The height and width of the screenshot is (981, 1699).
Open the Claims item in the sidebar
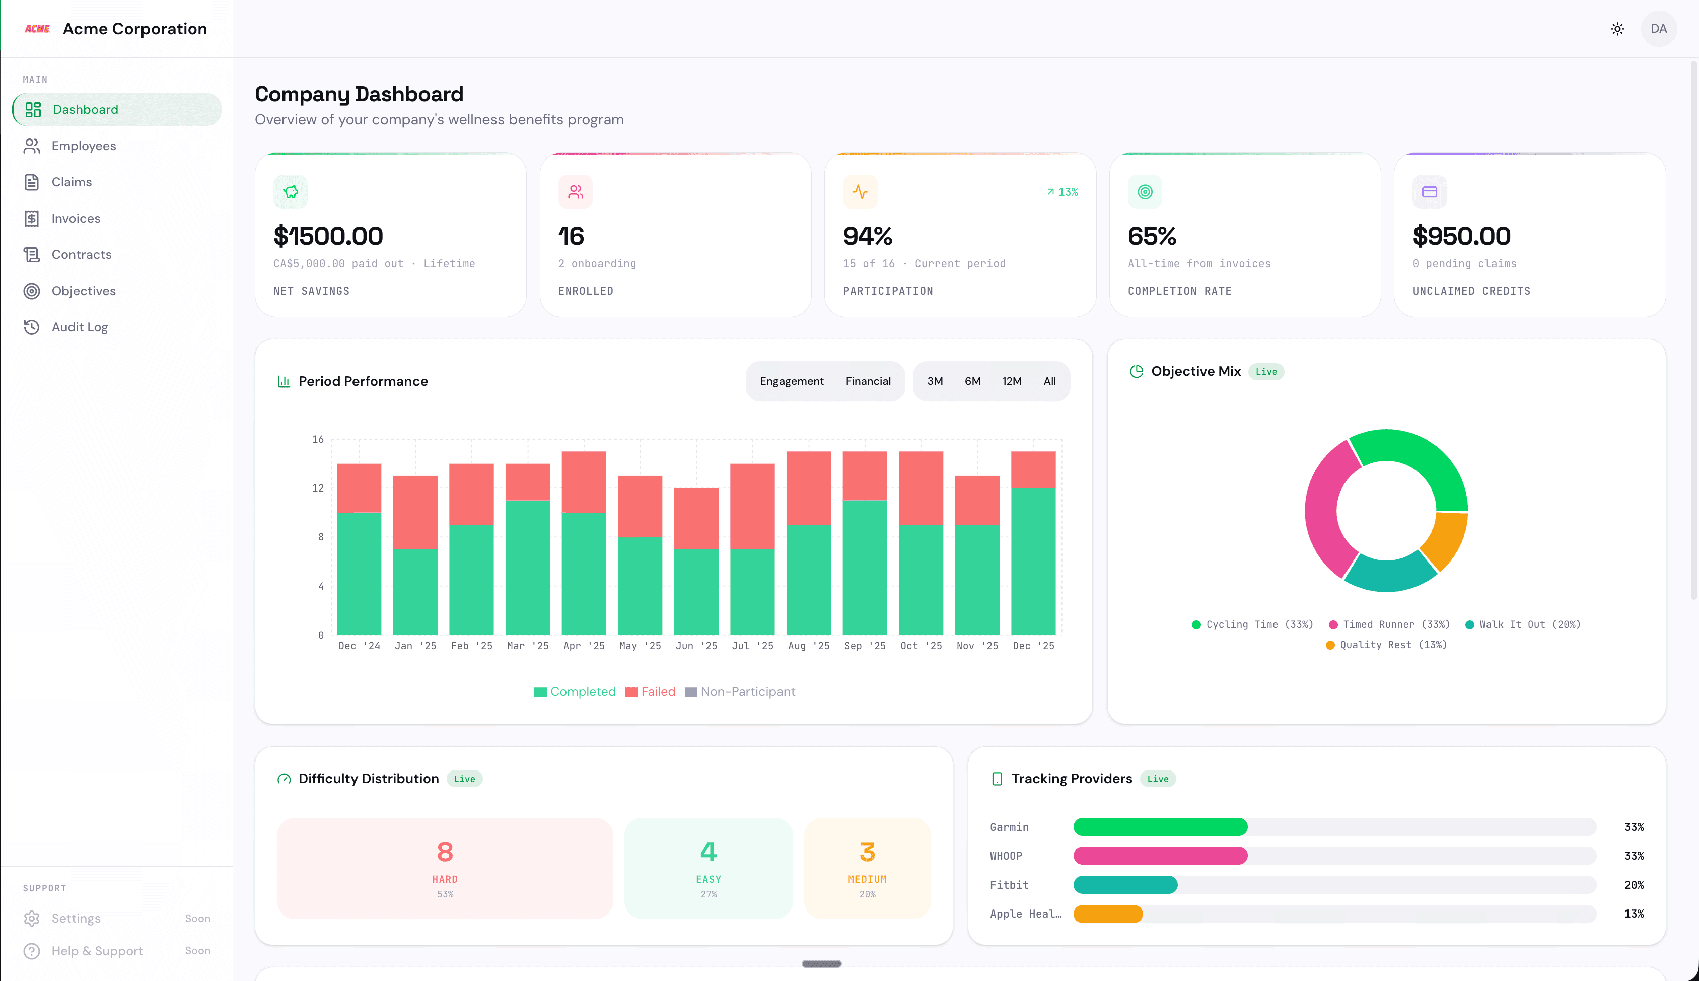point(72,182)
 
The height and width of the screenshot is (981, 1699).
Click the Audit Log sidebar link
point(80,327)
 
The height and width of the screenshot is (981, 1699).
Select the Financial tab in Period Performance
point(868,381)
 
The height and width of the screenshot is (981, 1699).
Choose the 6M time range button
point(972,381)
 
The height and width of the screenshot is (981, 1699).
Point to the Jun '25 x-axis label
point(696,646)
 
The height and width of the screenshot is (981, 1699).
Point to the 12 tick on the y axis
point(317,488)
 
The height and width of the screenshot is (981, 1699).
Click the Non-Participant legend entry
point(740,692)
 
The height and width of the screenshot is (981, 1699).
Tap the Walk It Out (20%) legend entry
point(1523,624)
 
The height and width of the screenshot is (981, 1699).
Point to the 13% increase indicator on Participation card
point(1063,192)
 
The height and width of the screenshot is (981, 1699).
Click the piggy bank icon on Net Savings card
point(291,192)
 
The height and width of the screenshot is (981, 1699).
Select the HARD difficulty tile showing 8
point(445,868)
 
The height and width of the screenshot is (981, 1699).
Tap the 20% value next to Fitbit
point(1634,885)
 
